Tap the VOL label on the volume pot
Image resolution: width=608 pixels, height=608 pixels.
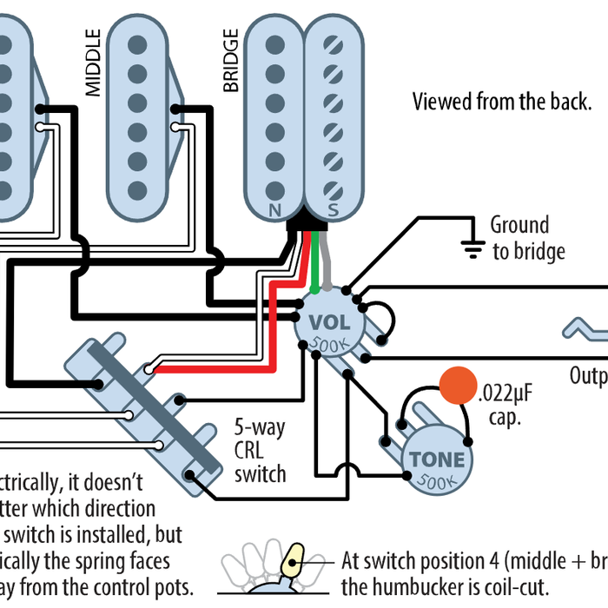[330, 322]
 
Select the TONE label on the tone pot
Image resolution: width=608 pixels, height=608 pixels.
[437, 459]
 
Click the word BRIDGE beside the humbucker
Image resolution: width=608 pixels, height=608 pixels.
[231, 61]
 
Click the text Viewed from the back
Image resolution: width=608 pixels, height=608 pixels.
[502, 102]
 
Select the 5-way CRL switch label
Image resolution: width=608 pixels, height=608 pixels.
[260, 451]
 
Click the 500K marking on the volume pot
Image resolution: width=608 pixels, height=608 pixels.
[330, 343]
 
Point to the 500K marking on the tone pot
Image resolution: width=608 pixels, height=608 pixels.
[438, 480]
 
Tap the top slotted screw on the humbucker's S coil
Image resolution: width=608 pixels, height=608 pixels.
[332, 43]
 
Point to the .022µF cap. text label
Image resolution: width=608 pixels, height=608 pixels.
[503, 406]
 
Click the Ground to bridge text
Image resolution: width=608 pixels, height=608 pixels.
[528, 238]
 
